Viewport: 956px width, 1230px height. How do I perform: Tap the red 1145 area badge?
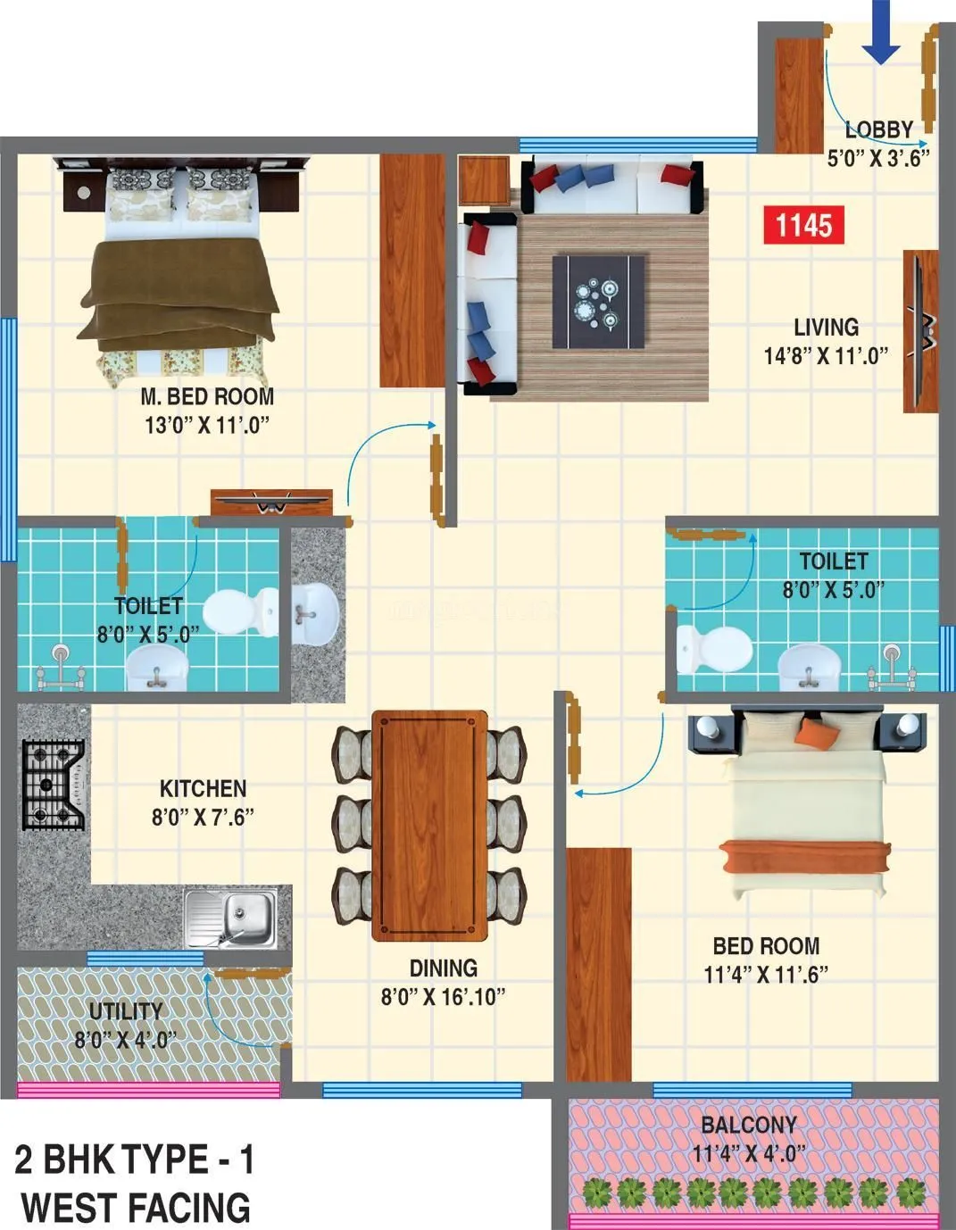tap(803, 225)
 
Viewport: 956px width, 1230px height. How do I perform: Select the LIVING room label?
tap(826, 327)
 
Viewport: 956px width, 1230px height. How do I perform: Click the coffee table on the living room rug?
tap(599, 301)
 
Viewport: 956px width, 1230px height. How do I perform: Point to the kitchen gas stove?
tap(54, 784)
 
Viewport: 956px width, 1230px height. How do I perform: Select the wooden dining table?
tap(429, 825)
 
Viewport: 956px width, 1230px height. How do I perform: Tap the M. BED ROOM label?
tap(207, 396)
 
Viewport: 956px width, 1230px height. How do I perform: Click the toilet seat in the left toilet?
tap(240, 610)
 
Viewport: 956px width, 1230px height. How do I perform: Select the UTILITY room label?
tap(126, 1011)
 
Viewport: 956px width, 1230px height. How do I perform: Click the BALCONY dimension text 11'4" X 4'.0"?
tap(749, 1153)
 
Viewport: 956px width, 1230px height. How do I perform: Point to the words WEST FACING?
tap(136, 1207)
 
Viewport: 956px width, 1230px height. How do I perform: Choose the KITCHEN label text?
tap(203, 788)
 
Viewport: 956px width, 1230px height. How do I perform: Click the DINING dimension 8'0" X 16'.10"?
tap(443, 996)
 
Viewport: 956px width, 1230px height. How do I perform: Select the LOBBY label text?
tap(878, 129)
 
